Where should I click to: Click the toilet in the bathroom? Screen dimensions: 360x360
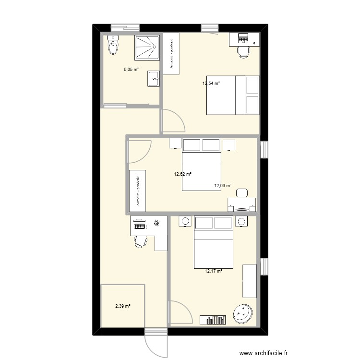click(113, 46)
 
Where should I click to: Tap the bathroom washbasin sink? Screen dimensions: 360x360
click(154, 78)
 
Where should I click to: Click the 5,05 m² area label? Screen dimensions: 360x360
click(131, 69)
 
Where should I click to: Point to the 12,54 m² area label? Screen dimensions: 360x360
click(211, 83)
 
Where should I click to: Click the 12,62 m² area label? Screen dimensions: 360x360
click(182, 174)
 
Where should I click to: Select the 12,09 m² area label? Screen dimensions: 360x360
click(223, 185)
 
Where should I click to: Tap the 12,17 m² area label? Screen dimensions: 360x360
click(214, 271)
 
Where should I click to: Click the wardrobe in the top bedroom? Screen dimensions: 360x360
click(171, 54)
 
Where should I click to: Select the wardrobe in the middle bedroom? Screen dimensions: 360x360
click(137, 191)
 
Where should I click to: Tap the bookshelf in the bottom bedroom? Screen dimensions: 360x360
click(213, 319)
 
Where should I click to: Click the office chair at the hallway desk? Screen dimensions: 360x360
click(140, 241)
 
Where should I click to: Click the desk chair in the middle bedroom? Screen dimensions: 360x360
click(241, 193)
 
